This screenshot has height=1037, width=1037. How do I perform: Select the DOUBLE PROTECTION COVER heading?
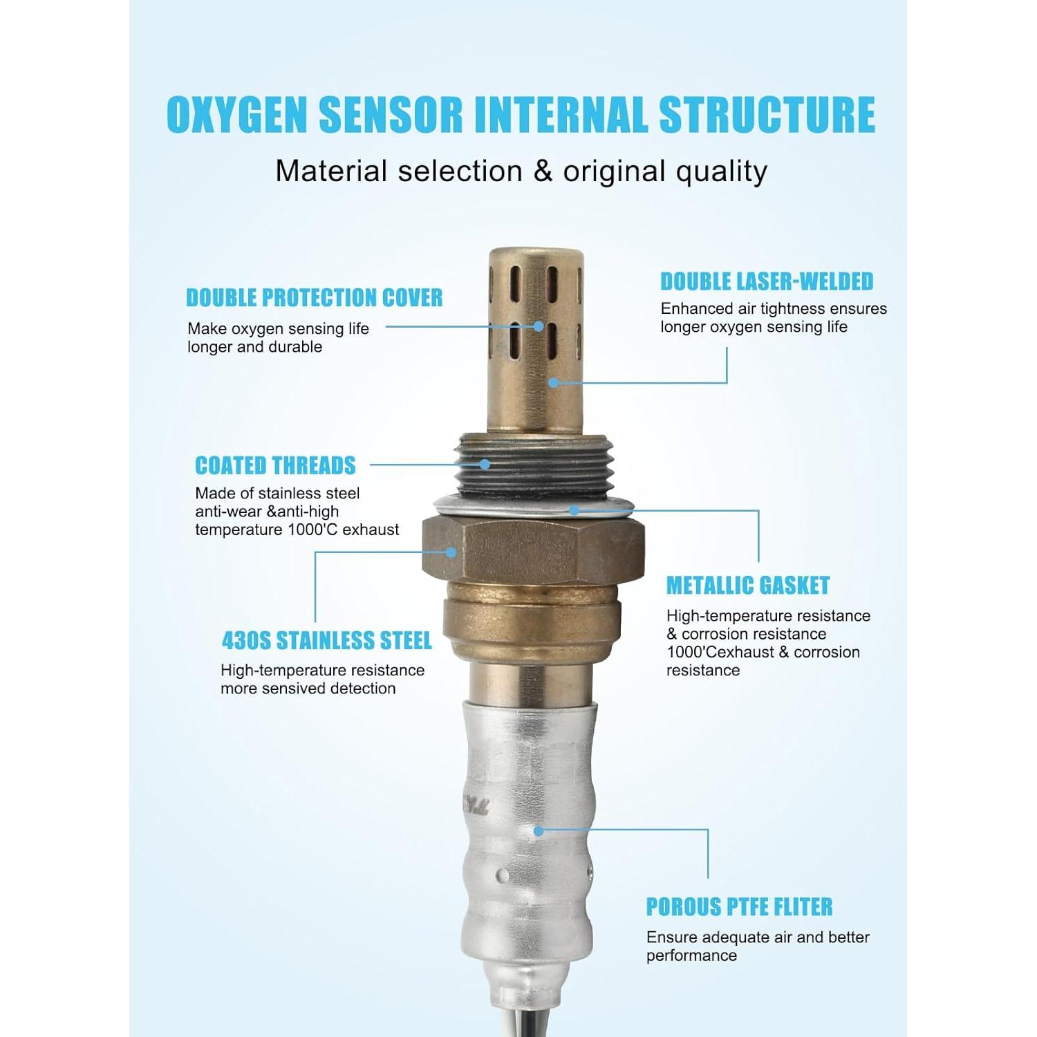(314, 298)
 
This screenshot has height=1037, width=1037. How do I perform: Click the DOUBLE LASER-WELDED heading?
(767, 281)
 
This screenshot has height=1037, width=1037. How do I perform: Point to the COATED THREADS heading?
(275, 466)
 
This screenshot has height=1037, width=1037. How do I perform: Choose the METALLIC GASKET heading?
(747, 586)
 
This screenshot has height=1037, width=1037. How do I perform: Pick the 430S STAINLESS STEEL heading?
(326, 641)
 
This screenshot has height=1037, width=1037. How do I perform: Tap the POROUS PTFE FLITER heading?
(739, 907)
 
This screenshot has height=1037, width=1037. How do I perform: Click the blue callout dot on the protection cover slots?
(539, 326)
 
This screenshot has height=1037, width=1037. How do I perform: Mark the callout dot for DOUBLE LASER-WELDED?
(553, 382)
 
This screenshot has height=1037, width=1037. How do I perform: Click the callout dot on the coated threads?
(485, 465)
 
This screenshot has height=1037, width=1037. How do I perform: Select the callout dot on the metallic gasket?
(574, 511)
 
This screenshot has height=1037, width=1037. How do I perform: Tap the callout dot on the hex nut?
(451, 552)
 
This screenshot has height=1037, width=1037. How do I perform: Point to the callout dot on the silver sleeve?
(539, 830)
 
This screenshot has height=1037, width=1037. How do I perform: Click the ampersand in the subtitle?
(543, 171)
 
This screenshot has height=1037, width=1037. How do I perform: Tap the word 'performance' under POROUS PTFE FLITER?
(691, 956)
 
